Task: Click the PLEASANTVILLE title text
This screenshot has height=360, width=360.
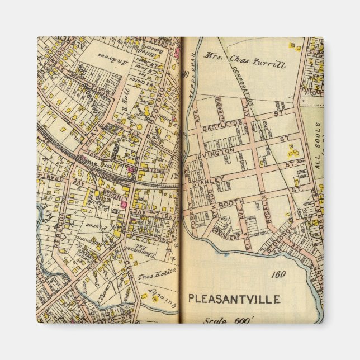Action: coord(234,299)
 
